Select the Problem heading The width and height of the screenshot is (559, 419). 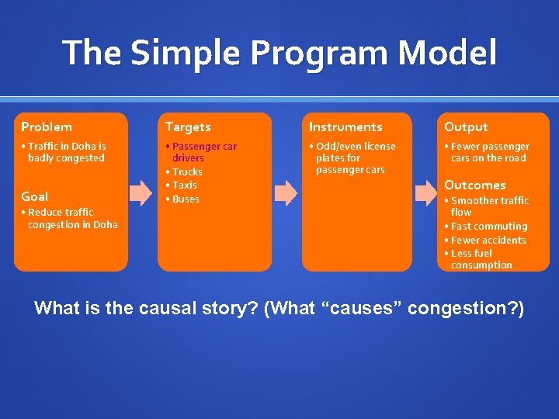(47, 126)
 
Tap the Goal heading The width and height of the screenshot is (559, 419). (35, 196)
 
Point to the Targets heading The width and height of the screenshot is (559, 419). (188, 126)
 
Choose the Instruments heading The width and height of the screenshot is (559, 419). (345, 126)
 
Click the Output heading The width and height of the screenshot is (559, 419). (466, 126)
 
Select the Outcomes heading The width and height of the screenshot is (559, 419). (474, 185)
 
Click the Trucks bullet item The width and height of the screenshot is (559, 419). (187, 171)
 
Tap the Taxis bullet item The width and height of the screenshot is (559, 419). (185, 185)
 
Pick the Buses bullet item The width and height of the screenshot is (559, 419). (186, 199)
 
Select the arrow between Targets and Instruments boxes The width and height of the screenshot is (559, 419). (286, 192)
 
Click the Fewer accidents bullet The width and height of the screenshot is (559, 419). (488, 240)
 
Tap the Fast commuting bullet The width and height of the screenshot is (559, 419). (489, 226)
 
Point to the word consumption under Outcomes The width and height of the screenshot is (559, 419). (481, 265)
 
